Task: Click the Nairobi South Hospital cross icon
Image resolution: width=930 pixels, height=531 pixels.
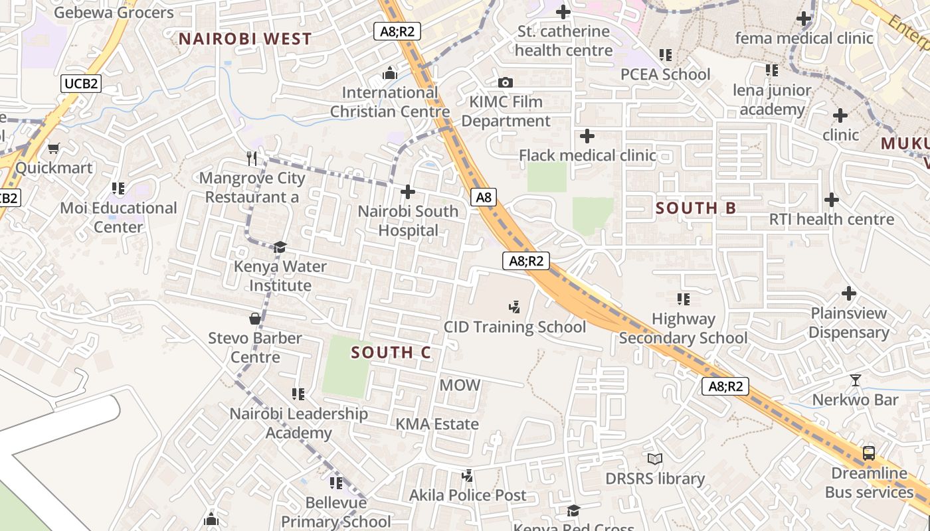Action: click(x=408, y=192)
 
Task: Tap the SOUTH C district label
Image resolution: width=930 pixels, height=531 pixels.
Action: click(x=391, y=352)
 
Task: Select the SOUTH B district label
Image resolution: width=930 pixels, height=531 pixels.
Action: click(x=696, y=208)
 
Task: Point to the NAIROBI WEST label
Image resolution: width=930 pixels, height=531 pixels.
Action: click(x=245, y=39)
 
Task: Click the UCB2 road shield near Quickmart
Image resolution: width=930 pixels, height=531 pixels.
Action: click(x=81, y=84)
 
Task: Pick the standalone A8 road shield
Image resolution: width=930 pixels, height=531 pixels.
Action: click(x=484, y=197)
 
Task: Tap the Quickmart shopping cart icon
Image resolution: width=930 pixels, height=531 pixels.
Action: click(x=54, y=148)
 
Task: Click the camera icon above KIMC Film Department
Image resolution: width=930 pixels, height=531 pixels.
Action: click(x=506, y=83)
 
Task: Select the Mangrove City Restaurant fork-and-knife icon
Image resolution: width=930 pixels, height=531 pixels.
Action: click(x=252, y=158)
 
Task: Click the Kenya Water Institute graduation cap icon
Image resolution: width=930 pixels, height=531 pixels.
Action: click(x=280, y=247)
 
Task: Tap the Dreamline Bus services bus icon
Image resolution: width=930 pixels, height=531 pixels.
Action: click(x=868, y=453)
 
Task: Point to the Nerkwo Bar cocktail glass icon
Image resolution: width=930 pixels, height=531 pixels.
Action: click(x=855, y=380)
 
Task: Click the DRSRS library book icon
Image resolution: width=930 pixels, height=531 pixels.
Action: click(x=655, y=459)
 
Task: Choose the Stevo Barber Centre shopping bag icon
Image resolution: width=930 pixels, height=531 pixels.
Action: click(x=254, y=319)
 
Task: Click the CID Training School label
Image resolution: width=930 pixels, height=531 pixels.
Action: click(x=515, y=327)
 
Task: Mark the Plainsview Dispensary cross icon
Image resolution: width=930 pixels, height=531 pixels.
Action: click(x=849, y=293)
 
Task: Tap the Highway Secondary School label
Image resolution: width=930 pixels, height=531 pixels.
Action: click(x=683, y=329)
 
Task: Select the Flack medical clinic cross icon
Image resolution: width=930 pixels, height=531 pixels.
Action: click(x=587, y=137)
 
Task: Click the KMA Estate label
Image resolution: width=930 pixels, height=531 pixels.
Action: click(x=437, y=424)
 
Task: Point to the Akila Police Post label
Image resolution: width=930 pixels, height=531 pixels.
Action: click(x=468, y=495)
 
